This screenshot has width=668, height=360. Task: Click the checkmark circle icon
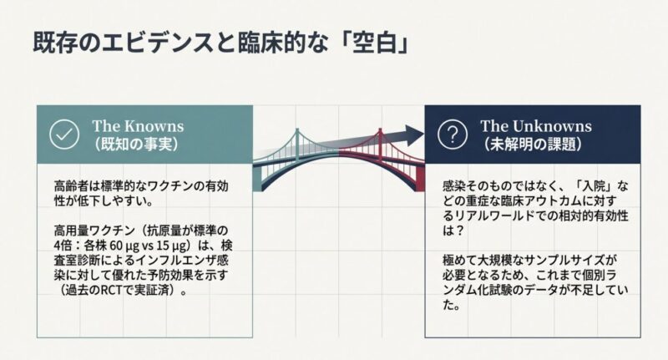click(64, 134)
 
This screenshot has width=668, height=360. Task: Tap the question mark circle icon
click(453, 134)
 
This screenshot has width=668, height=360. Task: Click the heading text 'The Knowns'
click(138, 126)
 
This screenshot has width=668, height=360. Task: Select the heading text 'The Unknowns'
click(536, 126)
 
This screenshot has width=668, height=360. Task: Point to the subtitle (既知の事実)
click(136, 145)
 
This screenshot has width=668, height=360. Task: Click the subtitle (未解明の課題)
click(533, 145)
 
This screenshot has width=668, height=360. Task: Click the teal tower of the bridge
click(297, 145)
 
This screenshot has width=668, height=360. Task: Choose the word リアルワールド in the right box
click(483, 215)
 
